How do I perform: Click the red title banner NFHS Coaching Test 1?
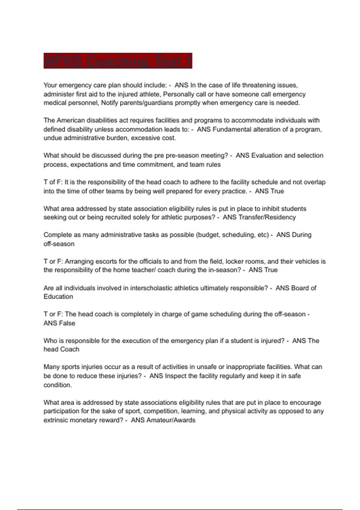pos(118,61)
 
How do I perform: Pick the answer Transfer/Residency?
pos(267,217)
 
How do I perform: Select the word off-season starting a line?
pos(59,244)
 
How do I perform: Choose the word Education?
pos(58,297)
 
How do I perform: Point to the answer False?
pos(67,323)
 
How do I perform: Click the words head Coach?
pos(61,349)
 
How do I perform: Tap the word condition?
pos(58,385)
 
